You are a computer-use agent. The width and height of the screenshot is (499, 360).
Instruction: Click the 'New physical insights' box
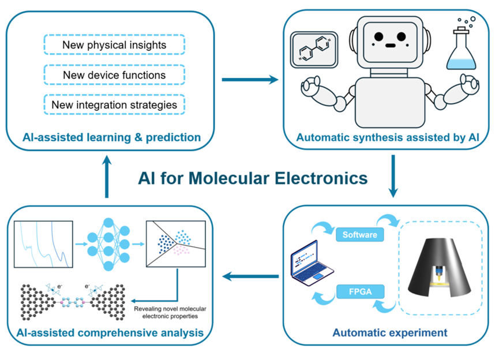click(x=114, y=45)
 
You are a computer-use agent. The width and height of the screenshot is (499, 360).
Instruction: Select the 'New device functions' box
click(x=114, y=75)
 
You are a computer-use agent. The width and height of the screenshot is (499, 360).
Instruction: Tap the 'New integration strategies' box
click(x=114, y=104)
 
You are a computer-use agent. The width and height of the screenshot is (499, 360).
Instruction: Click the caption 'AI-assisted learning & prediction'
click(x=111, y=137)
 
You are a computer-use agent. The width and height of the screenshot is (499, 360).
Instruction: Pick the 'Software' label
click(x=359, y=235)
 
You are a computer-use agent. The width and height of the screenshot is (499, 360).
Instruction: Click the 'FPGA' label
click(x=359, y=290)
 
